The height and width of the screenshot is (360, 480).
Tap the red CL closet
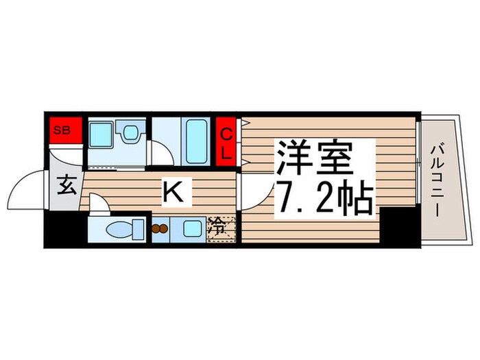coord(226,142)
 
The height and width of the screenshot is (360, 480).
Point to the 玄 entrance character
coord(66,186)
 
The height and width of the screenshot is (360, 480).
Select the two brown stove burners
coord(160,229)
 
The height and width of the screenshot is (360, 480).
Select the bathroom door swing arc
coord(158,153)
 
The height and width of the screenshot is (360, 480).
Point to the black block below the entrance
coord(65,230)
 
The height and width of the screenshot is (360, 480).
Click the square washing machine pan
coord(104,135)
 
